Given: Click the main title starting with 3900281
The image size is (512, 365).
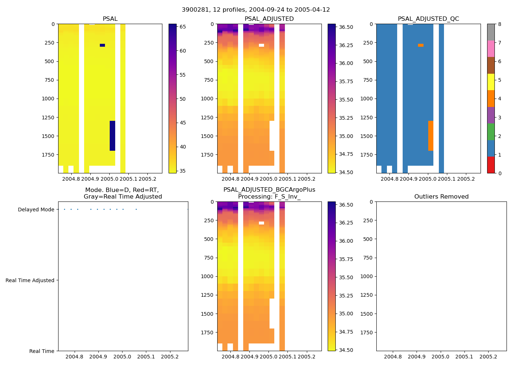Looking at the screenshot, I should [x=256, y=10].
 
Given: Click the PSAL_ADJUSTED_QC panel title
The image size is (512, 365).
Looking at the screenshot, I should [x=428, y=19].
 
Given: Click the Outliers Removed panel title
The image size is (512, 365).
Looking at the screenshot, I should [x=441, y=197].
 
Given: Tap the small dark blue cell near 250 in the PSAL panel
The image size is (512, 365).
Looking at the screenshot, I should [x=102, y=45].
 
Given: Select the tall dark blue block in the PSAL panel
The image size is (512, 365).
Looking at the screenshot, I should [x=113, y=136].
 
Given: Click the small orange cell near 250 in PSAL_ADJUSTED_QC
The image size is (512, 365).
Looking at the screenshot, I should [x=421, y=45].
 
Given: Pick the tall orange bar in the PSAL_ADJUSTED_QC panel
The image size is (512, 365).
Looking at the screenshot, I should [x=431, y=136].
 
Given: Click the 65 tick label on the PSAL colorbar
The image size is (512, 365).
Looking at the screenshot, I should [x=182, y=27].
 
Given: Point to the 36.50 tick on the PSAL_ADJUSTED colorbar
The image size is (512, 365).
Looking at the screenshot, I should [x=346, y=27].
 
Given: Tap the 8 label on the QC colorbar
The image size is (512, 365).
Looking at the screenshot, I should [x=500, y=24].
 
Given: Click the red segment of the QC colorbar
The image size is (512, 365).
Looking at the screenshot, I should [x=491, y=165].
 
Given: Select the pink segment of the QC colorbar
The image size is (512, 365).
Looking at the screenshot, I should [x=491, y=49].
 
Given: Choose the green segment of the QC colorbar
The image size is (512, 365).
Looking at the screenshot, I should [x=491, y=132].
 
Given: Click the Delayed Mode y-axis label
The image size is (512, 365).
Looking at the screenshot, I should [x=36, y=210].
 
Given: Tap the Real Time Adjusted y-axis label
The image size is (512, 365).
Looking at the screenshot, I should [x=30, y=280].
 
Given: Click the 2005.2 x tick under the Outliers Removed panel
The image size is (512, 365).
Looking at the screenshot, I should [x=488, y=357].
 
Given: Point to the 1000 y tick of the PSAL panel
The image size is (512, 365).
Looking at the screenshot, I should [x=48, y=99].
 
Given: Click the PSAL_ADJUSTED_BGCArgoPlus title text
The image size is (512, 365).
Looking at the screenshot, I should [x=269, y=190].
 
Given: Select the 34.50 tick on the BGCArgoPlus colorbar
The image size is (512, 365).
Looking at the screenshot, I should [x=346, y=350].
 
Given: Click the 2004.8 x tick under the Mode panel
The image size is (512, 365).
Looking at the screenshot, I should [x=75, y=357].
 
